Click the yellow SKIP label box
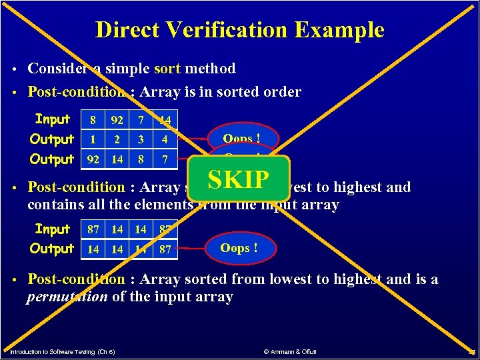coord(239,179)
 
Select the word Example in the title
coord(347,30)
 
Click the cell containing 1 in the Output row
coord(93,140)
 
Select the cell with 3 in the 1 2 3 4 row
coord(140,140)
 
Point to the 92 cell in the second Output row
coord(93,160)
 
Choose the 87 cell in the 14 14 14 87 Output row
coord(165,250)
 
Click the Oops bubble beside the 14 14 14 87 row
coord(239,249)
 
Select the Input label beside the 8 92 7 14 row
coord(53,119)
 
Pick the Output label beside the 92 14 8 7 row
coord(52,159)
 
